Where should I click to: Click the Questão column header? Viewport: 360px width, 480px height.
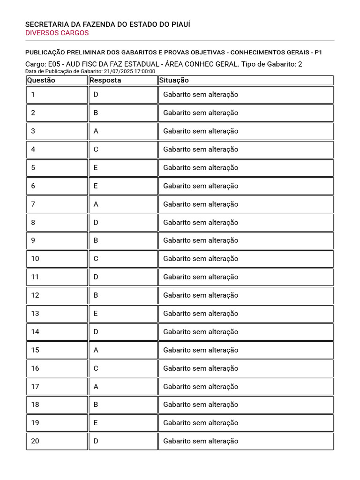pos(41,80)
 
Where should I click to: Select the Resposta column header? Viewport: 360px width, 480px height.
pos(105,80)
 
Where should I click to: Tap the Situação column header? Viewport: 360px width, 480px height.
pos(174,80)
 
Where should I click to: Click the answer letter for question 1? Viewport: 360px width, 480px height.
pos(96,95)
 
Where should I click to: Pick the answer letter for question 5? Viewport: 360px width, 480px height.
pos(96,168)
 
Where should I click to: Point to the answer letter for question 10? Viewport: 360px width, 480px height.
pos(96,259)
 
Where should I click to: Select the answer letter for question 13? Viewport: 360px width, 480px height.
pos(96,314)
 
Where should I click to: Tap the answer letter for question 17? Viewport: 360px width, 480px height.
pos(96,387)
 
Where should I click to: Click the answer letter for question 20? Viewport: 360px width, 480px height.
pos(96,441)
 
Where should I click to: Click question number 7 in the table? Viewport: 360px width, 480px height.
pos(33,204)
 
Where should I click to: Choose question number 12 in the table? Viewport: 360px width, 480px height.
pos(35,295)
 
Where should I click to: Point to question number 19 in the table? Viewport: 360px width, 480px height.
pos(35,423)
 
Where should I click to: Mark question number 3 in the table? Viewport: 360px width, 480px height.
pos(33,131)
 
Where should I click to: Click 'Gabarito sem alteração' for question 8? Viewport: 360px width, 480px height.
pos(201,223)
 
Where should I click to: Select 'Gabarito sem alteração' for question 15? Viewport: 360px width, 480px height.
pos(201,350)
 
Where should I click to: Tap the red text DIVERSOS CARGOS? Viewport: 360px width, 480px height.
pos(57,33)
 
